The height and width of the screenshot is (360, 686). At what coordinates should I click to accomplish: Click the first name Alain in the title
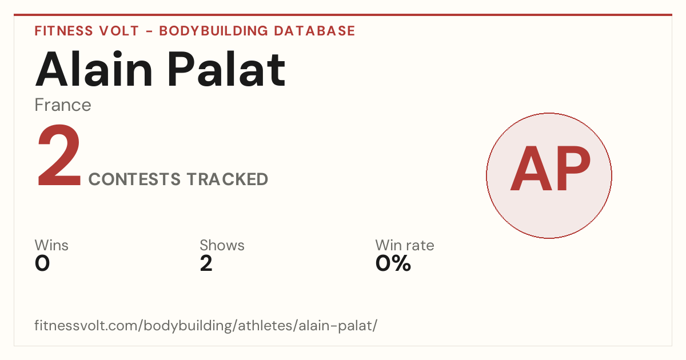coord(94,69)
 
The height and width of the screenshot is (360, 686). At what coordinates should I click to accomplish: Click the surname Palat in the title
coord(226,69)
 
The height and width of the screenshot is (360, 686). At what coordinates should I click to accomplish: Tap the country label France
coord(63,105)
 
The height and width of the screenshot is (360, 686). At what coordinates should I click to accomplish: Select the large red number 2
coord(59,155)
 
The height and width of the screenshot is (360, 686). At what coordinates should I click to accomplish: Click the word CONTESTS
coord(134,179)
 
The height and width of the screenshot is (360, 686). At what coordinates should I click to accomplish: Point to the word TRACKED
coord(228,179)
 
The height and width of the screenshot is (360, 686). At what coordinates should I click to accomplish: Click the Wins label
coord(51,245)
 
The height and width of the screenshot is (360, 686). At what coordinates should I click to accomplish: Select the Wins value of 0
coord(42,263)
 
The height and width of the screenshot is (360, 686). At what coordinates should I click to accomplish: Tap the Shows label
coord(222,245)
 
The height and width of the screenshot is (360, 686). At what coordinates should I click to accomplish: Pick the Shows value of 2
coord(206,263)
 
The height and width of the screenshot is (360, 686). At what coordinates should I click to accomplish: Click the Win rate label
coord(405,245)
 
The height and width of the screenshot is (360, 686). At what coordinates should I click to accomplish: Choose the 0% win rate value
coord(393,263)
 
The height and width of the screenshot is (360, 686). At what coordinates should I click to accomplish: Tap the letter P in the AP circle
coord(573,169)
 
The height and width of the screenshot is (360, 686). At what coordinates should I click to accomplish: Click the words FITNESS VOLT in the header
coord(87,31)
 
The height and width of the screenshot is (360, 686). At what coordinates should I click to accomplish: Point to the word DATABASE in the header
coord(314,31)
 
